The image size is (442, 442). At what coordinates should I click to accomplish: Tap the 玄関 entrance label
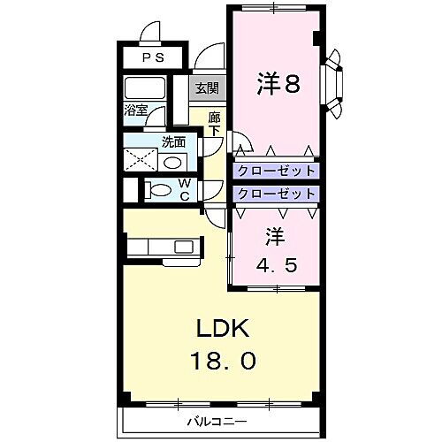(206, 89)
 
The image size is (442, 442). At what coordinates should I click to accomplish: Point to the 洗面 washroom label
(173, 141)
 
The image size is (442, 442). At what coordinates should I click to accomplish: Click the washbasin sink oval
(173, 162)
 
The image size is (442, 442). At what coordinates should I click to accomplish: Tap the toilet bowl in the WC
(162, 190)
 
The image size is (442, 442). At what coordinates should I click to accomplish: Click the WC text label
(185, 190)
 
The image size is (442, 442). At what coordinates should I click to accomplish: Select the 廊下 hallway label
(215, 125)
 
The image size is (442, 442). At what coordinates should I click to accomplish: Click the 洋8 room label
(278, 84)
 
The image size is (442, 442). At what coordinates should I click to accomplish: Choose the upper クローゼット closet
(275, 171)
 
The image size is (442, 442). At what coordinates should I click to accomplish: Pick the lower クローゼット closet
(275, 193)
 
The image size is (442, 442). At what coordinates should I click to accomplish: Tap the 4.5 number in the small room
(274, 263)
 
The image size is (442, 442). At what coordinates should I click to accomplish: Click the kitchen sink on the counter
(183, 246)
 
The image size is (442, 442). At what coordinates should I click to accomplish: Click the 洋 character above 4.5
(274, 237)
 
